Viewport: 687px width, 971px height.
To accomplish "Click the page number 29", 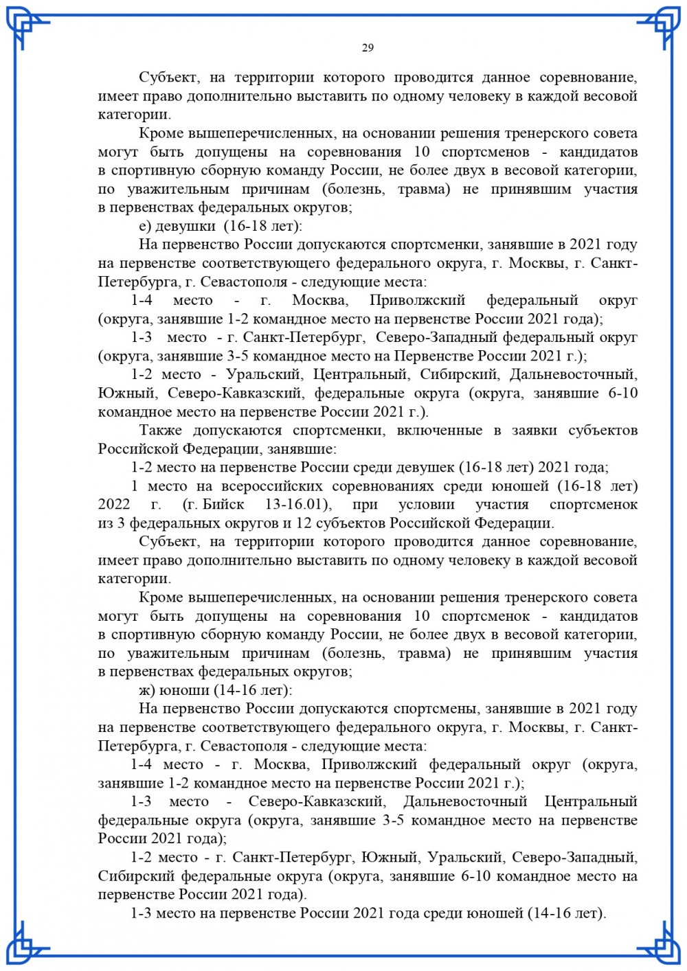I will (368, 47).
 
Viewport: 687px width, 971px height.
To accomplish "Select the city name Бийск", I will (223, 505).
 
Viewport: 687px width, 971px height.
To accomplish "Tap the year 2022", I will (114, 505).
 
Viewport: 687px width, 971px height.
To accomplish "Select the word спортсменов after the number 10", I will (486, 152).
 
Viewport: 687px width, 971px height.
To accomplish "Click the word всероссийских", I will (273, 486).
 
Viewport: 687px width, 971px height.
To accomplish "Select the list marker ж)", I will (147, 690).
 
